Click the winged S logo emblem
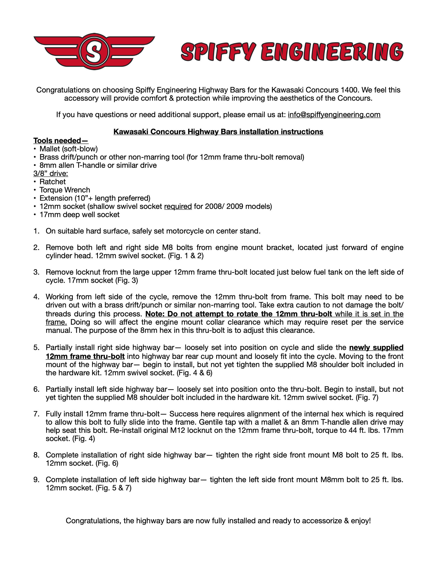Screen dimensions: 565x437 [94, 51]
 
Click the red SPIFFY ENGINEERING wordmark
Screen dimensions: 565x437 [292, 51]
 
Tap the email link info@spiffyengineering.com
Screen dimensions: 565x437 [334, 115]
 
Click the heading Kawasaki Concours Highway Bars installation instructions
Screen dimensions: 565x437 [218, 132]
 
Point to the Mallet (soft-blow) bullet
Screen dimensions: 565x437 [68, 149]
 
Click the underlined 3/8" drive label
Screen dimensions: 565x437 [51, 173]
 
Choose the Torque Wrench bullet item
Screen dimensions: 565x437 [65, 190]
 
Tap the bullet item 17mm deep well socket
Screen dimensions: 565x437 [79, 215]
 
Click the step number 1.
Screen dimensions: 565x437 [36, 231]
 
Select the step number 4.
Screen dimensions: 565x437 [36, 297]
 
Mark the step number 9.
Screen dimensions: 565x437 [36, 480]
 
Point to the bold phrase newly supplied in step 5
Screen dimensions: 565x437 [376, 347]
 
